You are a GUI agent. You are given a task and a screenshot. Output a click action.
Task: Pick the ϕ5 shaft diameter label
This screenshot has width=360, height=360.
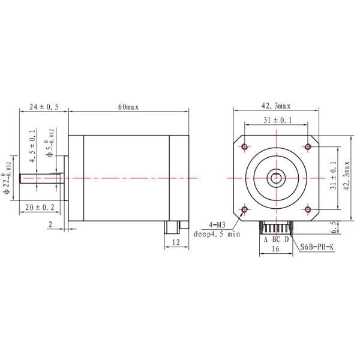[50, 146]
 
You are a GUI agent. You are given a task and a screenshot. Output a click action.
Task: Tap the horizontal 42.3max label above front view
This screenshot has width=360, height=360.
[275, 106]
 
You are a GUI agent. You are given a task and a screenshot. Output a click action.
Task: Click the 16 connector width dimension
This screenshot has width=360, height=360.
[275, 248]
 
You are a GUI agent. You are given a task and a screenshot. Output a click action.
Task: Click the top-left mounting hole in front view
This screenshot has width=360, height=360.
[245, 146]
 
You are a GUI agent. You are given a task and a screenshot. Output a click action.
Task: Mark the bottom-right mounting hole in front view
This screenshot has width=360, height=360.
[307, 209]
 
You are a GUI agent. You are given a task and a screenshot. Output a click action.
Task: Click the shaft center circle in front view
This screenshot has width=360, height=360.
[276, 178]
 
